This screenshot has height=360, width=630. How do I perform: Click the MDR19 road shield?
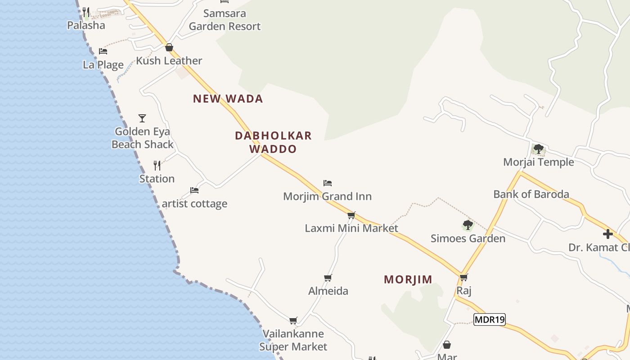tap(490, 319)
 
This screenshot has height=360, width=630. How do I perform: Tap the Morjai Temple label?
tap(538, 162)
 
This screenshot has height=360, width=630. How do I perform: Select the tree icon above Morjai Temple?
tap(538, 149)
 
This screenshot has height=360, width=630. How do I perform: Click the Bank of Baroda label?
tap(531, 194)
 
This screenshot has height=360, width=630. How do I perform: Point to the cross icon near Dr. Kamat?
tap(608, 234)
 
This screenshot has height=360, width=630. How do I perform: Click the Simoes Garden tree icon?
tap(468, 225)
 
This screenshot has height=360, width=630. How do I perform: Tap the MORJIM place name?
tap(408, 279)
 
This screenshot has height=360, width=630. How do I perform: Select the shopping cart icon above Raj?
tap(463, 277)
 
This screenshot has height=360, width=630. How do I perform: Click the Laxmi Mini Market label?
tap(351, 228)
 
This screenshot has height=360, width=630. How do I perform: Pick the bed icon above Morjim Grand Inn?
tap(328, 183)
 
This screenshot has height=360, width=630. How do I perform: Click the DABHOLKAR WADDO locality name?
tap(273, 142)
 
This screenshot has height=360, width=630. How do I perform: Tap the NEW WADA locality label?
tap(228, 99)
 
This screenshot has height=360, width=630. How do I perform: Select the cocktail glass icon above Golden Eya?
tap(142, 118)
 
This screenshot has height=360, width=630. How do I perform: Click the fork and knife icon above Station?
tap(157, 166)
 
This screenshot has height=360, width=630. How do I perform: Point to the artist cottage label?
tap(194, 204)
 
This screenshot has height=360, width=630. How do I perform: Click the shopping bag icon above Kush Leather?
tap(169, 47)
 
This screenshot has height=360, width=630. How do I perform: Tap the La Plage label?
tap(103, 65)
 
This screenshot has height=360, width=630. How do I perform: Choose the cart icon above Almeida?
tap(328, 278)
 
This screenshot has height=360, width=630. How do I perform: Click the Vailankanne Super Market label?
tap(293, 340)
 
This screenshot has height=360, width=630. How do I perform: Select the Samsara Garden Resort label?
tap(225, 20)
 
